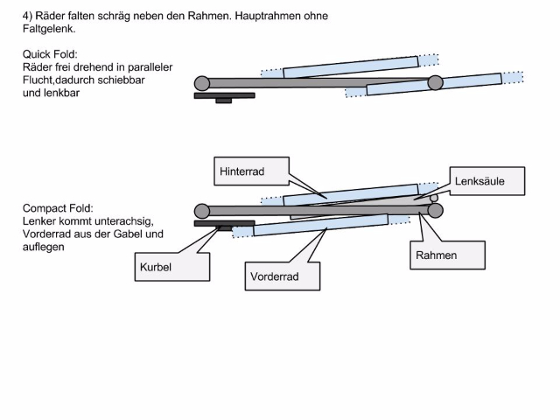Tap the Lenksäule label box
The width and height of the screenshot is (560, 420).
tap(488, 181)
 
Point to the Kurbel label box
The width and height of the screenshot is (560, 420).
tap(172, 265)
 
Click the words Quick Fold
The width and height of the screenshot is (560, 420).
tap(51, 54)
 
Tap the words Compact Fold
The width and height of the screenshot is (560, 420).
tap(59, 208)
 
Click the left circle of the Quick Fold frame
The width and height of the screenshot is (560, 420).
tap(202, 84)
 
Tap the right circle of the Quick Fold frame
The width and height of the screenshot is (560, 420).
tap(435, 83)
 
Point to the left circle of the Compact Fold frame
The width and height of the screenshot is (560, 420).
tap(202, 211)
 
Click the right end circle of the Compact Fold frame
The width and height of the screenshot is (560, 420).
tap(435, 211)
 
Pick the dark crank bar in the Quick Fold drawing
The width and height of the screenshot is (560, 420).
tap(224, 95)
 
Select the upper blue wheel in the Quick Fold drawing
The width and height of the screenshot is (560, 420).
tap(350, 67)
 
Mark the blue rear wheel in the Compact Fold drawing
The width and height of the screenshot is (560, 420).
tap(350, 194)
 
